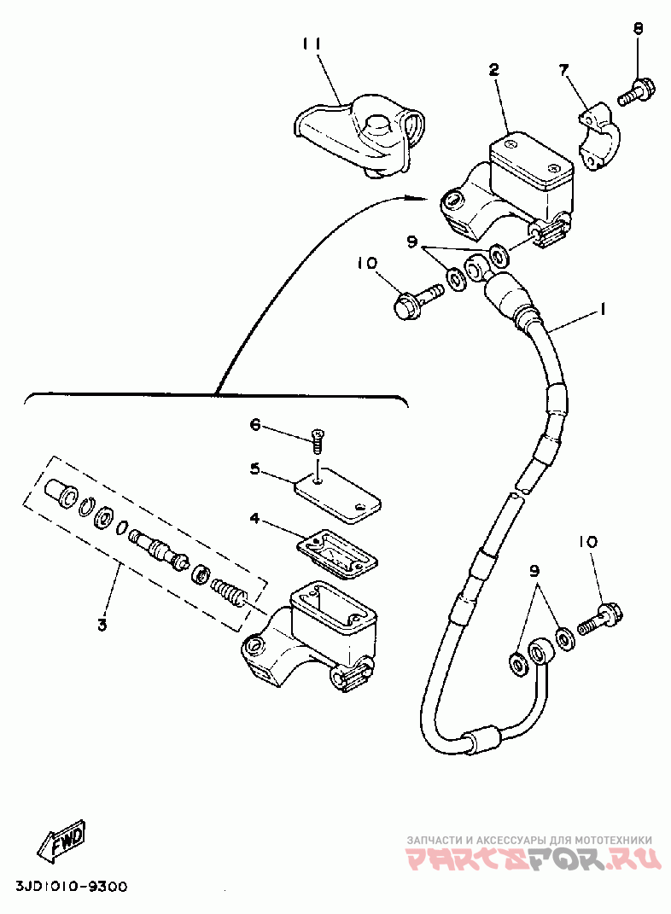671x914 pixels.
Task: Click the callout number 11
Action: pos(312,44)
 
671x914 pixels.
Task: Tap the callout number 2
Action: pos(493,70)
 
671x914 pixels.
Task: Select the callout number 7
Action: pos(563,71)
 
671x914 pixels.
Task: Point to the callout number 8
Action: pos(639,28)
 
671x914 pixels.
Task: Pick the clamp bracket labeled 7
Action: pos(600,137)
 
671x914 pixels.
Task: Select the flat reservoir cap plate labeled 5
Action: pos(337,498)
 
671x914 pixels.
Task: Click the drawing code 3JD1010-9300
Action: pos(72,888)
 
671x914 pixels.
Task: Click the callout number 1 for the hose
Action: pos(603,308)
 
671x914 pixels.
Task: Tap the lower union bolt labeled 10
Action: pos(600,620)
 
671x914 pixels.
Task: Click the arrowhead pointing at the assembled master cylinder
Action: pos(420,199)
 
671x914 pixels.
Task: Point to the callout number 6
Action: pos(255,425)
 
